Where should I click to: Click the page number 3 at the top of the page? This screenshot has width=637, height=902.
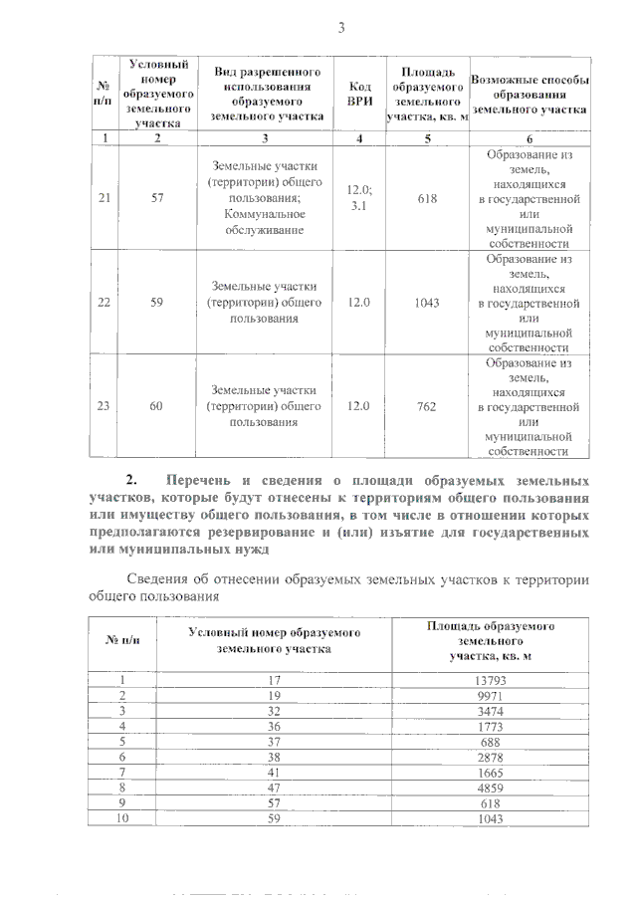(x=340, y=28)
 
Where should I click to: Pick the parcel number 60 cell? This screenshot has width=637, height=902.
(x=156, y=405)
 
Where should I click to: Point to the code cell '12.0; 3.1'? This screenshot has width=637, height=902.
(x=359, y=198)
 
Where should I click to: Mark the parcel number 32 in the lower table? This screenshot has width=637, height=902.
(x=274, y=711)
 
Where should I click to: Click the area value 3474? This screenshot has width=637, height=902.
(x=491, y=711)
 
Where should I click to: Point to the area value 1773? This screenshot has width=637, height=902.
(x=491, y=727)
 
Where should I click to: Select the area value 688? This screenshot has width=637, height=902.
(x=491, y=742)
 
